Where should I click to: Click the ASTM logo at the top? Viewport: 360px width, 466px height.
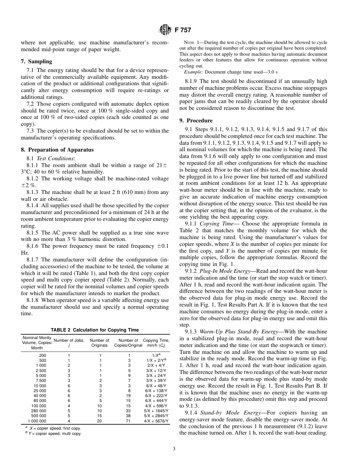[165, 30]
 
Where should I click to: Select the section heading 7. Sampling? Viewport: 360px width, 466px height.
[36, 61]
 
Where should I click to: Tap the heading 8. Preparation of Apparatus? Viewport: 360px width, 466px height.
[57, 150]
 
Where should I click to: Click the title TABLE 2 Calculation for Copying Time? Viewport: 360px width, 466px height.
[95, 330]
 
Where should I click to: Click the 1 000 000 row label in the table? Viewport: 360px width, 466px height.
[37, 421]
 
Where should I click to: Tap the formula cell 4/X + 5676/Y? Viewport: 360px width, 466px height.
[157, 421]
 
